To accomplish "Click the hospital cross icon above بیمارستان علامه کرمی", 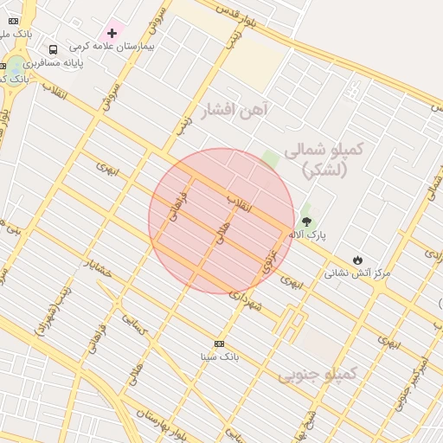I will (112, 33).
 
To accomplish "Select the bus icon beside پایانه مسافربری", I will (54, 50).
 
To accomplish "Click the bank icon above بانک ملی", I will (13, 21).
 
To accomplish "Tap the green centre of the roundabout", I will (16, 66).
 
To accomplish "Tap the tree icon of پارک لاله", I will (307, 222).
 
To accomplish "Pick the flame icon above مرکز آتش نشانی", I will (357, 260).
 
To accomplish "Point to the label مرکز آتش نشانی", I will (357, 273).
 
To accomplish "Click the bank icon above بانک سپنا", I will (218, 343).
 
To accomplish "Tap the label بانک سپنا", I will (218, 356).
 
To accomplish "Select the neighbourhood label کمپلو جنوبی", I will (318, 375).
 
